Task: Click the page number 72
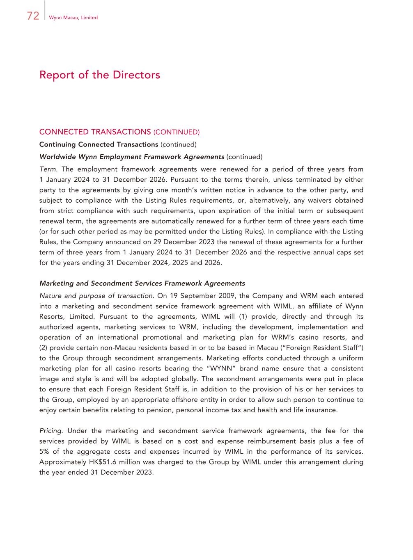(33, 16)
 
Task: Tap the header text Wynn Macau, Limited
(73, 18)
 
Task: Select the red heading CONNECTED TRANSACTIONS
(95, 132)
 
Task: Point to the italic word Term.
(48, 169)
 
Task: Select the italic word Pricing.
(50, 431)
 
